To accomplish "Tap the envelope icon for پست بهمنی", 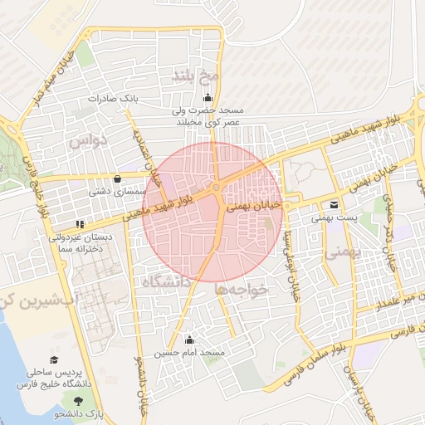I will coord(334,205).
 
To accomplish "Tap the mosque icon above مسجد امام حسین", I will coord(189,340).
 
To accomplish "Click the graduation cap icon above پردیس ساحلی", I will coord(54,359).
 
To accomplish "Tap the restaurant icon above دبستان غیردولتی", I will coord(80,224).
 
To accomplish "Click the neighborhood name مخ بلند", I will coord(194,76).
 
